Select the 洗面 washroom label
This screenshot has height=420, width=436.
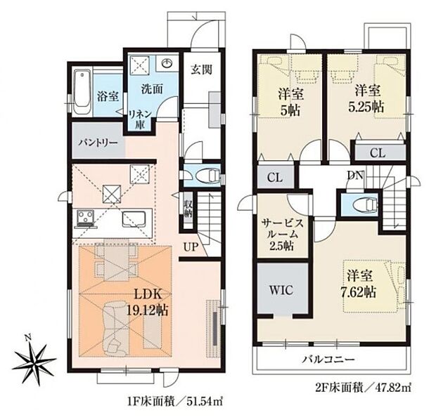150,90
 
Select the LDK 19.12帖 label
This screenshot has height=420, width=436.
147,302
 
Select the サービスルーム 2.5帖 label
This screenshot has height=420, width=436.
281,235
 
